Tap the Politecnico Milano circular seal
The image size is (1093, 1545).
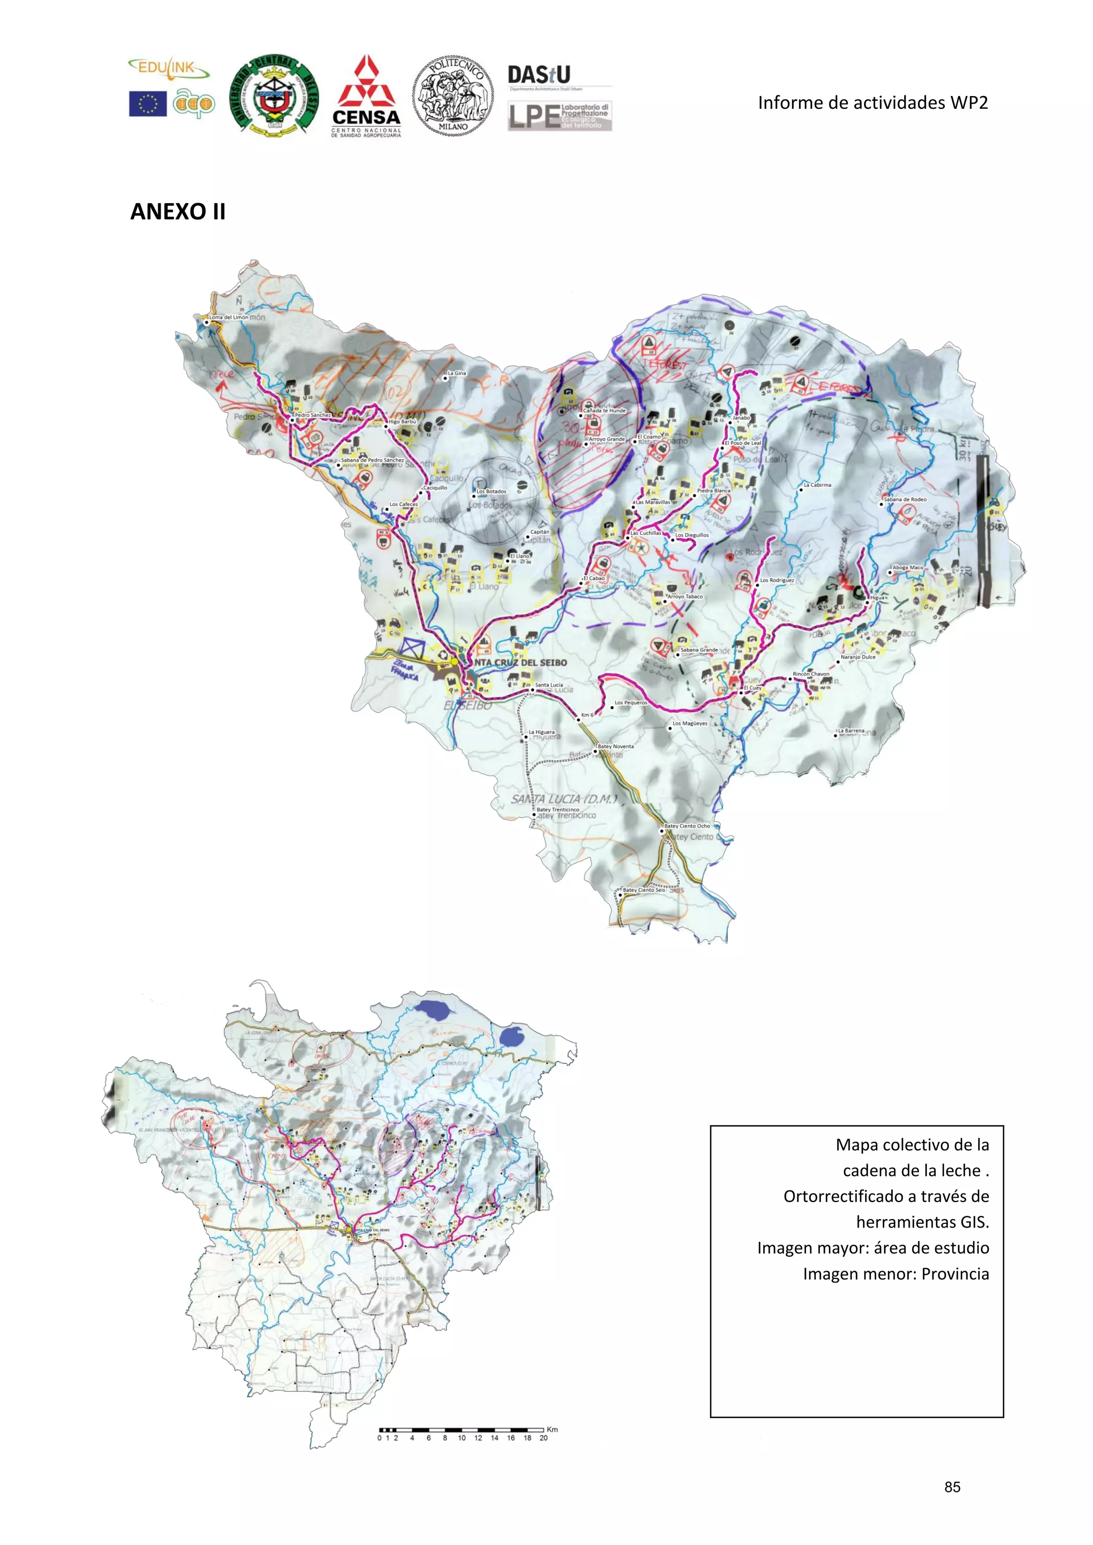point(452,96)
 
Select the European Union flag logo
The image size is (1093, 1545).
point(148,103)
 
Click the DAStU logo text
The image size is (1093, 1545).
point(538,74)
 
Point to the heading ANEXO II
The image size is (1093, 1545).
point(178,211)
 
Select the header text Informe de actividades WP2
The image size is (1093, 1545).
point(872,103)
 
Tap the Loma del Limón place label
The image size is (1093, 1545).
point(228,317)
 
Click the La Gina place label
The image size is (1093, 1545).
point(457,373)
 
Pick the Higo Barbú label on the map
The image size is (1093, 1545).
point(402,421)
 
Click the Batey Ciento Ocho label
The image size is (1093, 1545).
point(687,826)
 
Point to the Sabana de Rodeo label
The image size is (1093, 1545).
point(905,499)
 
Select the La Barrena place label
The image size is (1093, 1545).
point(851,730)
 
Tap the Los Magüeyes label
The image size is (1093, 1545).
point(690,723)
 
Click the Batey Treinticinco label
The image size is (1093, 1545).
point(557,809)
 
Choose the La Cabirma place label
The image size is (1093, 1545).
point(817,484)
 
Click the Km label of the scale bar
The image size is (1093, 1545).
point(552,1429)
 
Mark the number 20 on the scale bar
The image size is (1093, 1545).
point(543,1438)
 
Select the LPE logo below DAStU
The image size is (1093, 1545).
point(559,116)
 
